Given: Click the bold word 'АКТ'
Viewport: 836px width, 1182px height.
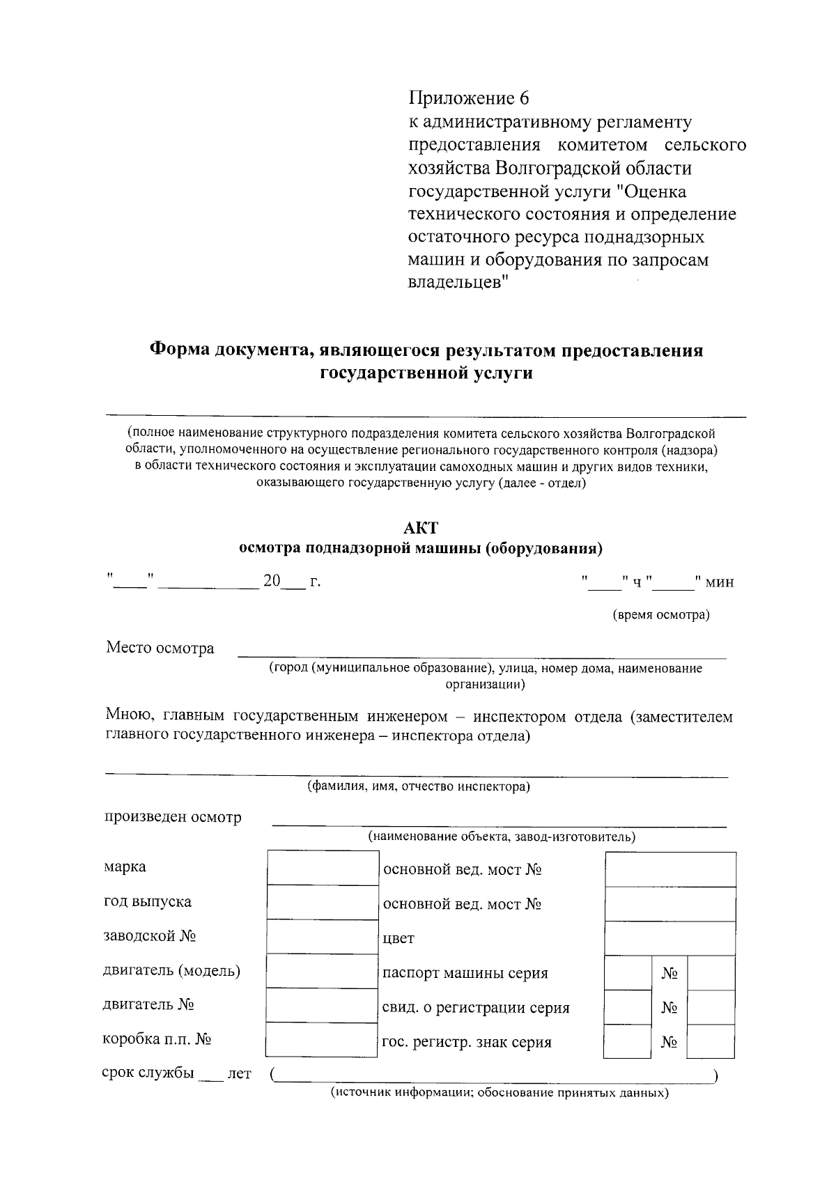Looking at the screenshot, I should pyautogui.click(x=420, y=527).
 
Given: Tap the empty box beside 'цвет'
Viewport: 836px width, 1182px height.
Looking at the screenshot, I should pyautogui.click(x=670, y=938).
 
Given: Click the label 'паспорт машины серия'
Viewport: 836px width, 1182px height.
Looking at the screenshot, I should pyautogui.click(x=465, y=973).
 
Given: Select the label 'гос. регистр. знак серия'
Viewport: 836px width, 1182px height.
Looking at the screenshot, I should pyautogui.click(x=467, y=1043).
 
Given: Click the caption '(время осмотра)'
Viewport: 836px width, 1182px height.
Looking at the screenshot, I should pyautogui.click(x=660, y=615).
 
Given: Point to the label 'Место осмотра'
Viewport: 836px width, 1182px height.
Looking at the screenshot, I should pyautogui.click(x=160, y=648).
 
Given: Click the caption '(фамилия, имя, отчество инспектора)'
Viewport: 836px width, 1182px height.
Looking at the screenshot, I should pyautogui.click(x=419, y=787).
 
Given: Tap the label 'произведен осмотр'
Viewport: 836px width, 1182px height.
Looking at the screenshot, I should pyautogui.click(x=173, y=817).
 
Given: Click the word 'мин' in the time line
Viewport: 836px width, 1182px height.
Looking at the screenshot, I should pyautogui.click(x=719, y=582).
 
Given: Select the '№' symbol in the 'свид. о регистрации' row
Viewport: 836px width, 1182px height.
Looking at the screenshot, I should pyautogui.click(x=669, y=1008).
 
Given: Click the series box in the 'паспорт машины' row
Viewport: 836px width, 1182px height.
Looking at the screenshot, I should pyautogui.click(x=627, y=972).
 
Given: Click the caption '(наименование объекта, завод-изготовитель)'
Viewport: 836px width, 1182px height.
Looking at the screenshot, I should pyautogui.click(x=502, y=837).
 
